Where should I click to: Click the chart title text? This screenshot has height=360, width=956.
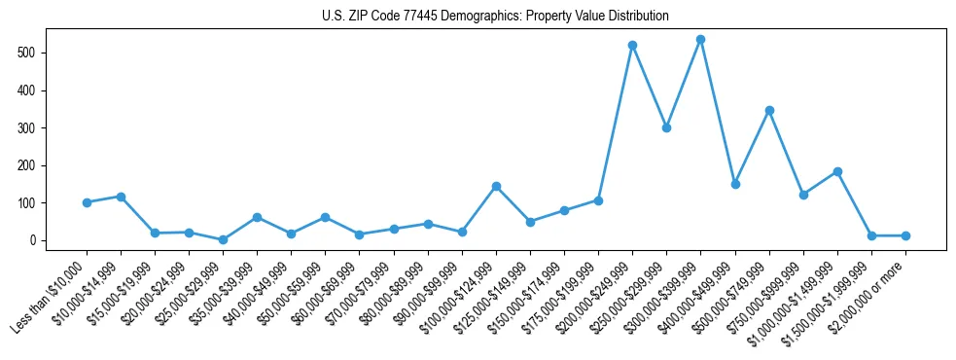click(x=495, y=16)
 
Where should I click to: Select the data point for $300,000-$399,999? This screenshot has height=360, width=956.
click(x=700, y=40)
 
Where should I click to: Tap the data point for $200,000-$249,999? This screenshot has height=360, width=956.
click(x=632, y=45)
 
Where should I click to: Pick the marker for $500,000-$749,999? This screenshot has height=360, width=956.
click(x=769, y=110)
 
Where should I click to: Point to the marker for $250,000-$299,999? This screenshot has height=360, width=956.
click(x=666, y=127)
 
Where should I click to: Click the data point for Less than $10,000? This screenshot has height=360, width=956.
click(x=87, y=202)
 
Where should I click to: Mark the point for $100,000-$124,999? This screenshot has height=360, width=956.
click(x=496, y=186)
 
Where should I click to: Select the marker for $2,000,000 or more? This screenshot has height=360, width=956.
click(x=905, y=235)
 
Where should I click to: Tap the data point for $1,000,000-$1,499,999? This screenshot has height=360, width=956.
click(x=837, y=171)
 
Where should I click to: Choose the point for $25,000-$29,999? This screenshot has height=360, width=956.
click(x=223, y=239)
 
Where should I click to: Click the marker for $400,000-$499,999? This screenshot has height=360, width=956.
click(x=735, y=184)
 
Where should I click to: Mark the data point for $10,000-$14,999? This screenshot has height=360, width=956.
click(x=121, y=197)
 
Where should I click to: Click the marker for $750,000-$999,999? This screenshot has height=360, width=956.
click(x=803, y=195)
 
